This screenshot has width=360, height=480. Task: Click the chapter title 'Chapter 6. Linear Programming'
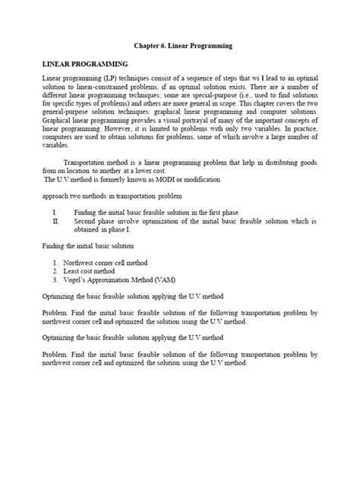click(x=182, y=47)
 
